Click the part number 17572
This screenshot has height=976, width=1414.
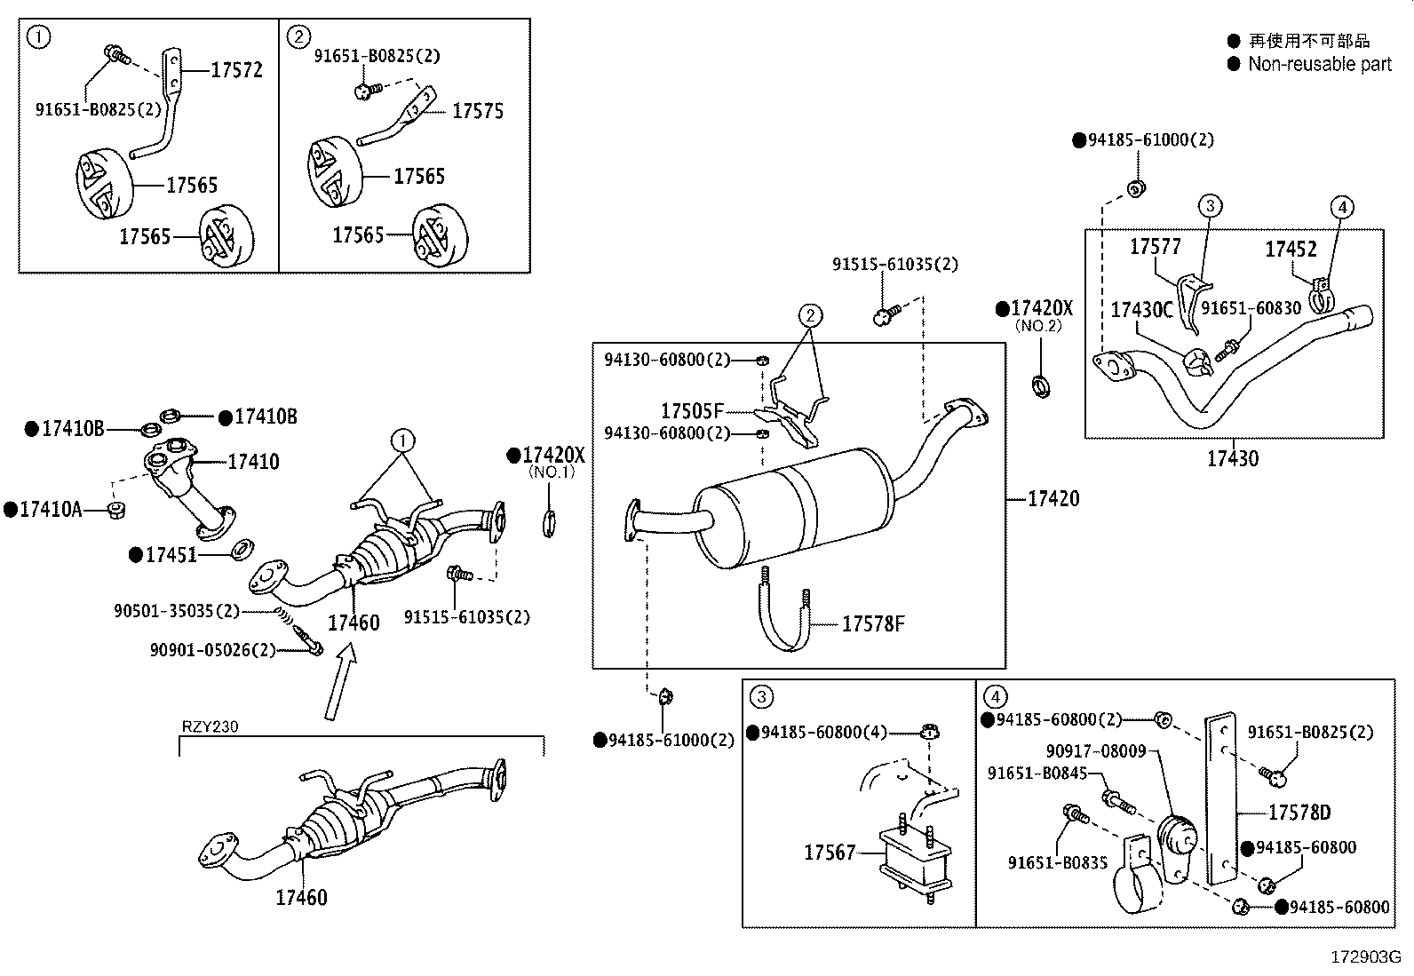tap(236, 70)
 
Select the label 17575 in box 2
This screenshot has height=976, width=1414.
tap(478, 111)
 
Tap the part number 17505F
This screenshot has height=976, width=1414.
tap(692, 411)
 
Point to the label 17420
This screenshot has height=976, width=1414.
tap(1053, 499)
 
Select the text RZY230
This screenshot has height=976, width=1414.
tap(210, 726)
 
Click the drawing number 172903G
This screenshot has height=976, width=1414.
tap(1365, 957)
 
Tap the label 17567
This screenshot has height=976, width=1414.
tap(830, 853)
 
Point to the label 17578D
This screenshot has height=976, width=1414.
tap(1299, 813)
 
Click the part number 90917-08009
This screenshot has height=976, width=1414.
tap(1095, 751)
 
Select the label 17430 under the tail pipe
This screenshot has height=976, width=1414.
tap(1232, 459)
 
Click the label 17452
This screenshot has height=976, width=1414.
tap(1291, 250)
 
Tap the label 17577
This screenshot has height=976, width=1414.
tap(1155, 247)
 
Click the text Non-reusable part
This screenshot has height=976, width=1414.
tap(1319, 64)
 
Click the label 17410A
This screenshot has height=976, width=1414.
tap(51, 510)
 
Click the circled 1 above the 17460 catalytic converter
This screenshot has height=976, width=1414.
tap(402, 440)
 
